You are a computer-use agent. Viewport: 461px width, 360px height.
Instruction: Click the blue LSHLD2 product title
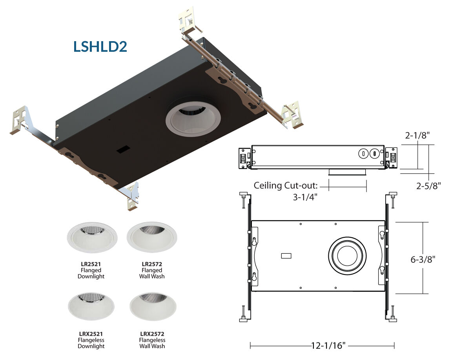pyautogui.click(x=100, y=47)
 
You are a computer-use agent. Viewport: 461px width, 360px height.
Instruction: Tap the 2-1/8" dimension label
pyautogui.click(x=417, y=135)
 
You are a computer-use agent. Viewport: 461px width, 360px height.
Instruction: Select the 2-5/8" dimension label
pyautogui.click(x=428, y=186)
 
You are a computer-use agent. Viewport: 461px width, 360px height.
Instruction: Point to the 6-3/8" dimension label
pyautogui.click(x=423, y=260)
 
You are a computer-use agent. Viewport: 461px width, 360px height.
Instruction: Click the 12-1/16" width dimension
pyautogui.click(x=328, y=345)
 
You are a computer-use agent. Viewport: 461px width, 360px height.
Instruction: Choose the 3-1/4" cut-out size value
pyautogui.click(x=305, y=197)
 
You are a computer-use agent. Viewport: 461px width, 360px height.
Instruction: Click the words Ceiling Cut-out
pyautogui.click(x=286, y=185)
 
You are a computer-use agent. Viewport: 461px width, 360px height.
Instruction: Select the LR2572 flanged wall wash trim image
pyautogui.click(x=152, y=237)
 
